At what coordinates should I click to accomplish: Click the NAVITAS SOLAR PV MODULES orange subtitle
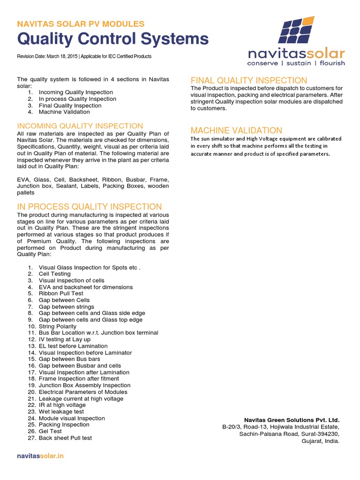[81, 23]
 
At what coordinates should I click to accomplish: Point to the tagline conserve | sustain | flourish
[296, 63]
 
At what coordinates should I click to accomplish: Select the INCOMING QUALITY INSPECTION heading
[80, 126]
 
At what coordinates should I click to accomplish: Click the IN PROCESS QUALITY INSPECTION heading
[90, 207]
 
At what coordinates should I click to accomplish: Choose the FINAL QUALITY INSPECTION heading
[249, 80]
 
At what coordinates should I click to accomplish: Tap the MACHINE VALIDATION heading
[236, 130]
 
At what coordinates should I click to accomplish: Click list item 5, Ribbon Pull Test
[60, 293]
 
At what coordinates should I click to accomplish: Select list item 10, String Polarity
[57, 326]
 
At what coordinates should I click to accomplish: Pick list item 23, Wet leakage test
[61, 412]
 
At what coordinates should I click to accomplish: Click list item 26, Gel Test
[50, 431]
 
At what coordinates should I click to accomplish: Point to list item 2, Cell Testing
[54, 274]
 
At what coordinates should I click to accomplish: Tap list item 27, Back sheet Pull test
[65, 438]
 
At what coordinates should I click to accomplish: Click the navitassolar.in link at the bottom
[40, 456]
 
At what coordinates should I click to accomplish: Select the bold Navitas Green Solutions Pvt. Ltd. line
[292, 420]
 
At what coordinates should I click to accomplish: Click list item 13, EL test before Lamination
[73, 346]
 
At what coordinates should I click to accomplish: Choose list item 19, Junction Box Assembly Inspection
[84, 385]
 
